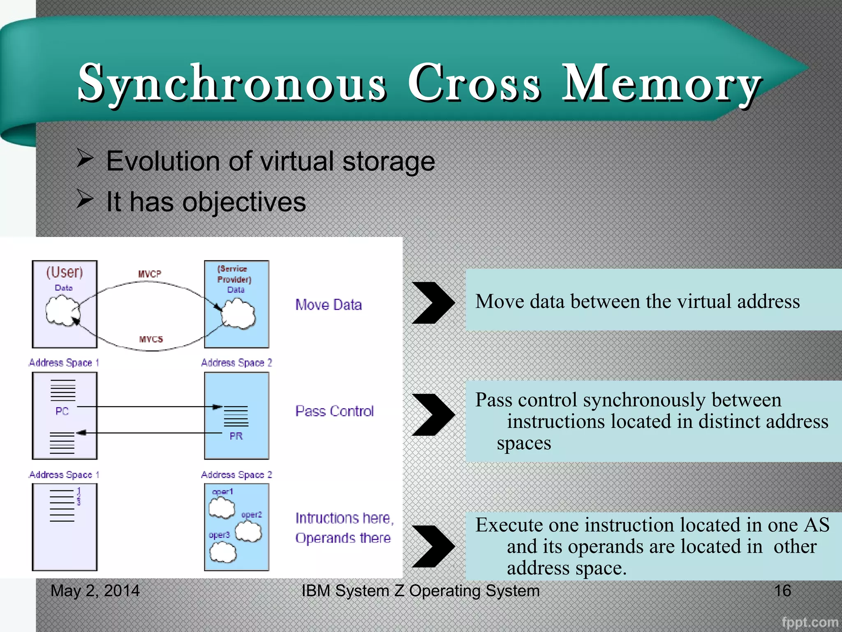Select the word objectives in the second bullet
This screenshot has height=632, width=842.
(x=244, y=202)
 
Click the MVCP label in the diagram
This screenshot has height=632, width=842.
(x=150, y=274)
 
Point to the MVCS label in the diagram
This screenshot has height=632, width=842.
(x=151, y=339)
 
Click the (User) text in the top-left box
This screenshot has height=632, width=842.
(x=65, y=272)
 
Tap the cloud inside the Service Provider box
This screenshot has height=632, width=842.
(x=238, y=314)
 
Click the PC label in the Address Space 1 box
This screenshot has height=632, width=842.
(x=62, y=411)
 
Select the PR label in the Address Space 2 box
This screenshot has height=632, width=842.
(x=236, y=436)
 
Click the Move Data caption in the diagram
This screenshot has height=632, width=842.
(x=328, y=305)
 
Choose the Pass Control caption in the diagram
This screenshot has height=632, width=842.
(x=334, y=411)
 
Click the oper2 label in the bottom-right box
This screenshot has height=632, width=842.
(x=251, y=515)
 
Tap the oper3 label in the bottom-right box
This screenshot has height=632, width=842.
(x=219, y=535)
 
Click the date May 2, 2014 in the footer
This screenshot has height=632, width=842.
(x=95, y=591)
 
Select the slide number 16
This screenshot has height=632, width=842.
(x=782, y=591)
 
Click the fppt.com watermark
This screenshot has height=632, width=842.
(x=810, y=622)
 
